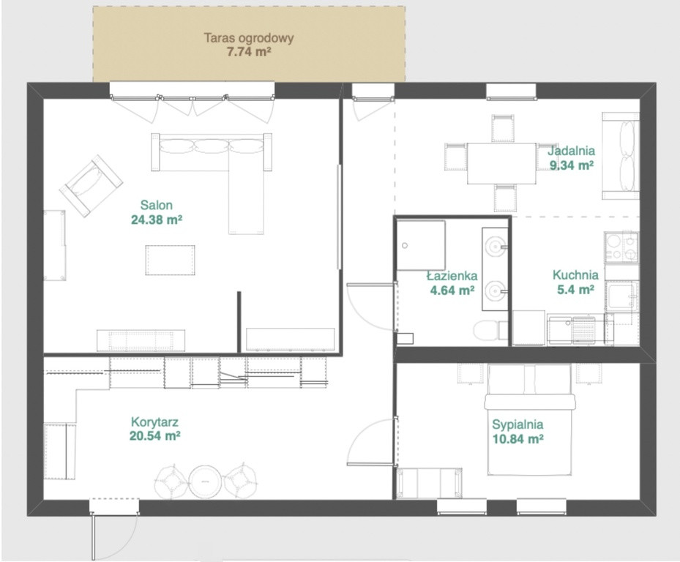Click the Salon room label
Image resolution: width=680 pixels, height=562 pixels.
(156, 205)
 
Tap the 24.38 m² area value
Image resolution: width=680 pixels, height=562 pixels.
(157, 220)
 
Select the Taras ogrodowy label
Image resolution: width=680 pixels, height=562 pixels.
(249, 38)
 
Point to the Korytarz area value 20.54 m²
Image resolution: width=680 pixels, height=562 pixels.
(155, 435)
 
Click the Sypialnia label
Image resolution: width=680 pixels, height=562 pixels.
(518, 424)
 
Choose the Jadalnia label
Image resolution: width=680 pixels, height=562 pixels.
(571, 151)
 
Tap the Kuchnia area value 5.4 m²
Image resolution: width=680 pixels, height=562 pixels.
(575, 289)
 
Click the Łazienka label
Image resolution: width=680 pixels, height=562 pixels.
(452, 276)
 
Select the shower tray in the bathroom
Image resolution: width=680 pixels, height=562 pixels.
(421, 245)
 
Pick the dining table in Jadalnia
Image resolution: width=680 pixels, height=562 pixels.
(501, 163)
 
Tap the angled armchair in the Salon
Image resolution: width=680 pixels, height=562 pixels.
(91, 186)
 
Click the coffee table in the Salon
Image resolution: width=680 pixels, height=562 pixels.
(170, 260)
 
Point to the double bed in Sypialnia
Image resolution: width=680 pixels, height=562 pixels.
(529, 419)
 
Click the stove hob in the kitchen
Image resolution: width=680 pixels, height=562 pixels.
(621, 247)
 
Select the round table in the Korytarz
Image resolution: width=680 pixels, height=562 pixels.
(206, 482)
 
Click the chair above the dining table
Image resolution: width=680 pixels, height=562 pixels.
(503, 128)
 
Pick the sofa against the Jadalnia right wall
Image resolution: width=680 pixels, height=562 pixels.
(621, 156)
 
